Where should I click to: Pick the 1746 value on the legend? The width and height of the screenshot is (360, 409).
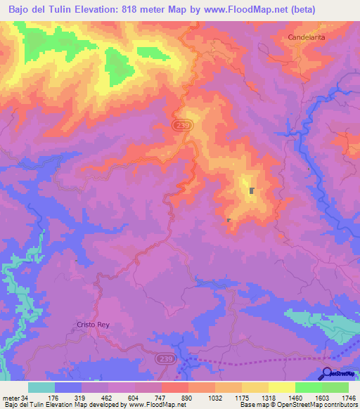[349, 397]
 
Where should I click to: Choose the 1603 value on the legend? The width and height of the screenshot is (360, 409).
[321, 397]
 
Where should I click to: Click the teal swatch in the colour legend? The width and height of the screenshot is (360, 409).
[41, 387]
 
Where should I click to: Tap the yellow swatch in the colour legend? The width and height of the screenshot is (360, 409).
[282, 387]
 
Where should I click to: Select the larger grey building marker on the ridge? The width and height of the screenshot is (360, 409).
[252, 190]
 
